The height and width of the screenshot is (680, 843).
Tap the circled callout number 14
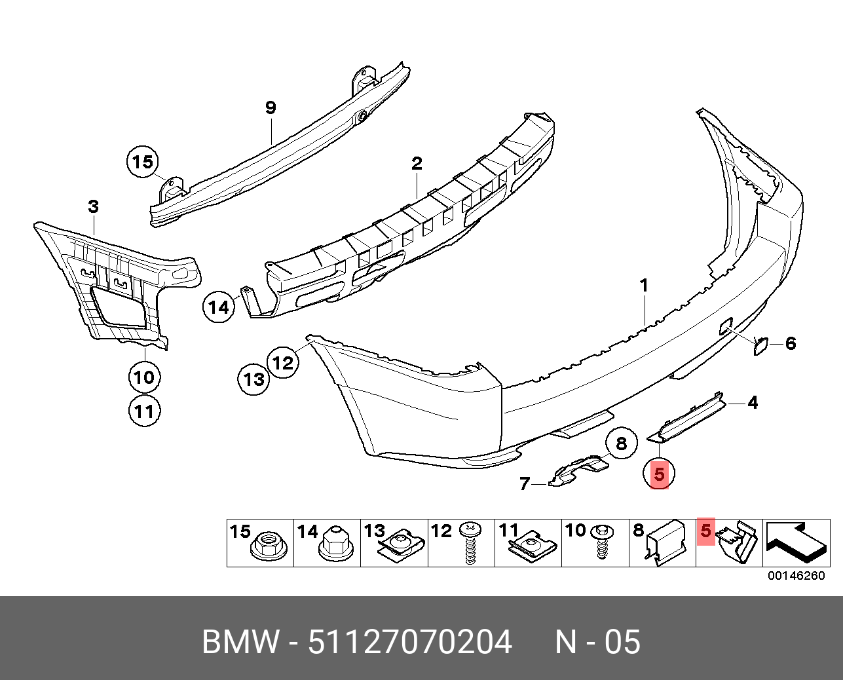point(219,307)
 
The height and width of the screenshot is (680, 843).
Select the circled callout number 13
point(254,379)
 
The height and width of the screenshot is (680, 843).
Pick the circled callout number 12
point(283,362)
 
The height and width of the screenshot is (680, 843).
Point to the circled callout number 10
point(143,377)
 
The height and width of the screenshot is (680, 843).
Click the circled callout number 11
point(143,411)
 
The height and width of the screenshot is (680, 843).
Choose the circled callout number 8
point(620,444)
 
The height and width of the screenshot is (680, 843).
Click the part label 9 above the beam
point(271,108)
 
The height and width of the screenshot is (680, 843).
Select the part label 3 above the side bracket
point(94,208)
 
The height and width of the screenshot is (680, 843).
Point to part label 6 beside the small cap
point(791,343)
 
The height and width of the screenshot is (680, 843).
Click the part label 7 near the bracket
point(525,483)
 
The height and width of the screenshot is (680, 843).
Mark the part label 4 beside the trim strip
point(753,402)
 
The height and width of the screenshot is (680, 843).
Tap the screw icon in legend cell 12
point(470,543)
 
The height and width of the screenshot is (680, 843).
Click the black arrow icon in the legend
point(796,542)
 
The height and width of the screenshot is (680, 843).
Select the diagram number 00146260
point(796,576)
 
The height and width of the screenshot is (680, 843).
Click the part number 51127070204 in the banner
point(410,642)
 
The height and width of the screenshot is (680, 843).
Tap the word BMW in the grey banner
point(240,642)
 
